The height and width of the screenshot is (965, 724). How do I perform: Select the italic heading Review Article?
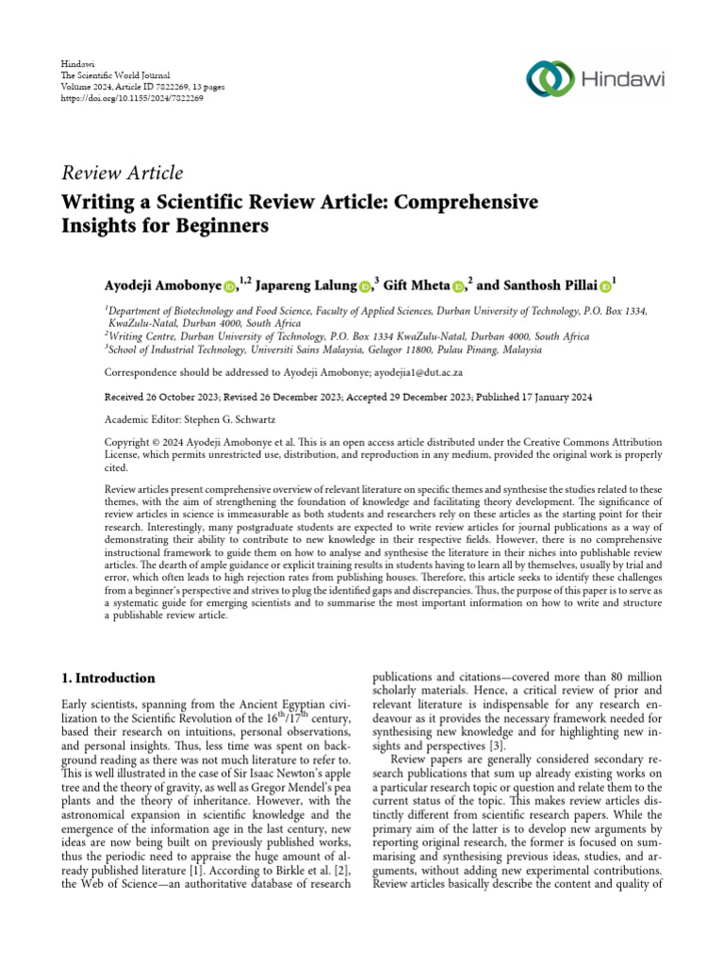(x=122, y=172)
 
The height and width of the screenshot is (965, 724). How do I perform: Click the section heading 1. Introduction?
(x=108, y=678)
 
